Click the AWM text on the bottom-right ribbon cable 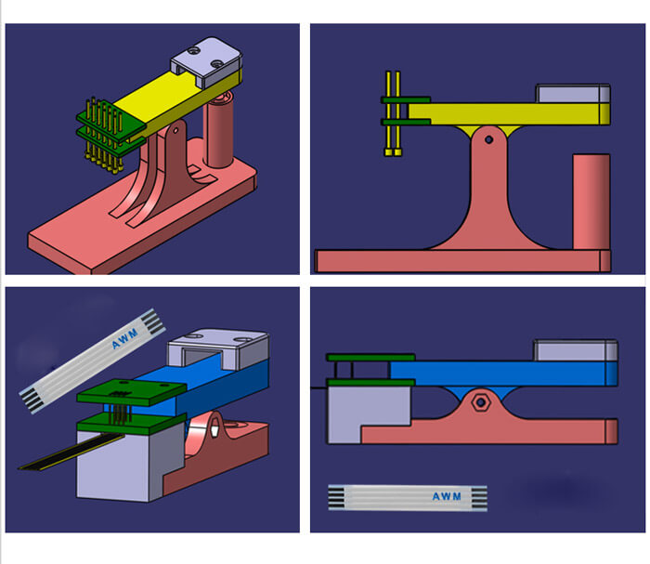click(x=447, y=496)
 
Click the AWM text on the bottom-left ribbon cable click(x=124, y=338)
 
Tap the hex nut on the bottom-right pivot click(x=480, y=402)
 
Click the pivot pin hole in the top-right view click(x=488, y=139)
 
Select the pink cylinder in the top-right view click(x=591, y=202)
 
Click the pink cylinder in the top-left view click(x=220, y=131)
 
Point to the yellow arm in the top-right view click(x=509, y=114)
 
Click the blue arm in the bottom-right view click(x=504, y=374)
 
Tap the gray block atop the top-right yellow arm click(x=573, y=93)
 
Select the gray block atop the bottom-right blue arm click(x=576, y=350)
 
